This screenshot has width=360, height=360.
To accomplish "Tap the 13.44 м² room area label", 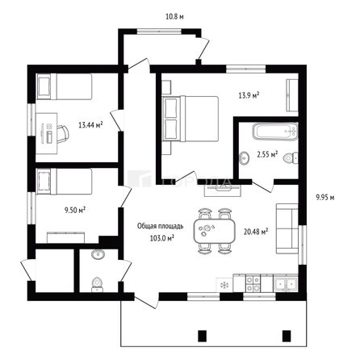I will [x=90, y=125].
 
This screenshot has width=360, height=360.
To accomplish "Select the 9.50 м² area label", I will [x=74, y=209].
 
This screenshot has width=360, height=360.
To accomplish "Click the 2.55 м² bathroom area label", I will [x=267, y=153].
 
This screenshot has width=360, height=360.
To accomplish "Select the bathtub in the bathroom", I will [x=264, y=132].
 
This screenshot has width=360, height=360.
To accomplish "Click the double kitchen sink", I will [x=284, y=283].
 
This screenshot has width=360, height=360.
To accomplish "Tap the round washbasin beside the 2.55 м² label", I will [x=244, y=157].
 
